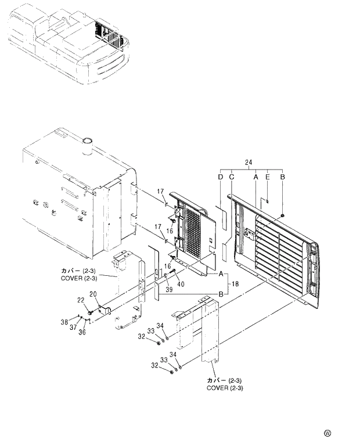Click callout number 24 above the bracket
(249, 161)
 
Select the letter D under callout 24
(220, 177)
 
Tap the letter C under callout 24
(231, 177)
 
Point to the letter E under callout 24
(267, 177)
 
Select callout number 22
(81, 300)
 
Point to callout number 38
(64, 322)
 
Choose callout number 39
(168, 289)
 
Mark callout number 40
(180, 284)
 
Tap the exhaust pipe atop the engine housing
(88, 146)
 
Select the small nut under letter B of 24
(282, 215)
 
